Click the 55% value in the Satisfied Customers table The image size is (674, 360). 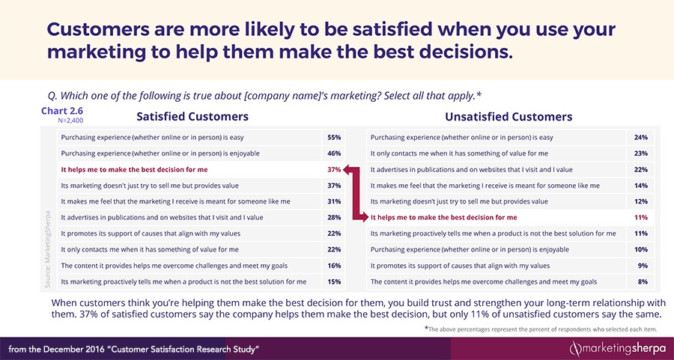point(334,138)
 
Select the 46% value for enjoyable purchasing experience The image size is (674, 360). point(334,154)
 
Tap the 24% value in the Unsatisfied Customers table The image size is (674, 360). point(640,138)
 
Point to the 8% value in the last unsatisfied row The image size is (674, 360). point(642,281)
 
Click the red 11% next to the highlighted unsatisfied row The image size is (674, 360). point(640,218)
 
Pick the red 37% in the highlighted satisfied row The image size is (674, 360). point(334,170)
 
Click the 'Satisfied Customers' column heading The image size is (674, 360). point(192,117)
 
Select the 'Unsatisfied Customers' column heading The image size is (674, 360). point(508,117)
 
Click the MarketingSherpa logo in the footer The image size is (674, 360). point(618,348)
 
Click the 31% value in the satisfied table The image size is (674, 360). point(334,202)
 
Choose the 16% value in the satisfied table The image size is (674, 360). point(334,266)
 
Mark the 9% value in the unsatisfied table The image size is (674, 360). point(642,266)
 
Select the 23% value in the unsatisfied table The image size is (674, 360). point(640,154)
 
